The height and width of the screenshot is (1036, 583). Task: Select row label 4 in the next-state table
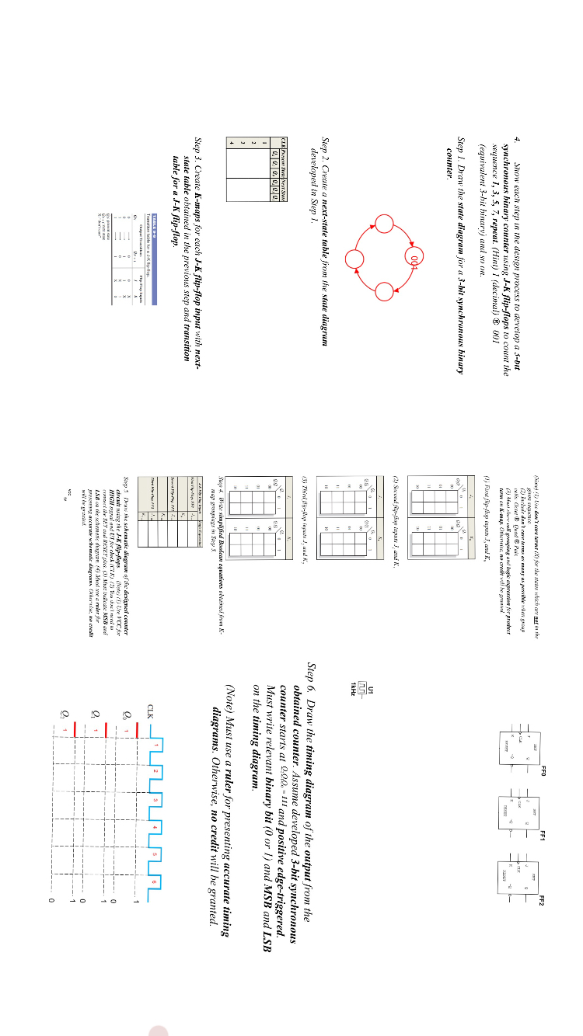pyautogui.click(x=231, y=141)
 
